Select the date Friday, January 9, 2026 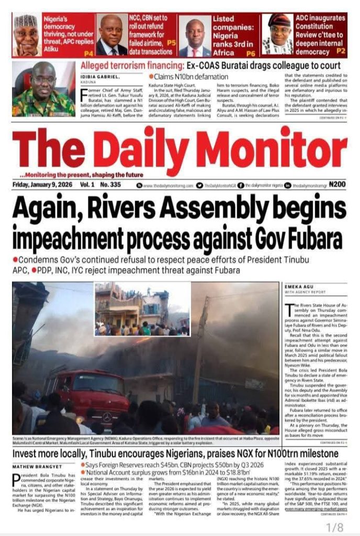(x=42, y=185)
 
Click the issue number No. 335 (x=110, y=185)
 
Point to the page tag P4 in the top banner (x=88, y=53)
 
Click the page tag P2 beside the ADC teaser (x=341, y=51)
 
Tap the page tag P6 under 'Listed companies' (x=251, y=53)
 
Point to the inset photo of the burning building (x=142, y=309)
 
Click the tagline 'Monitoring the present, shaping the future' (x=78, y=174)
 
